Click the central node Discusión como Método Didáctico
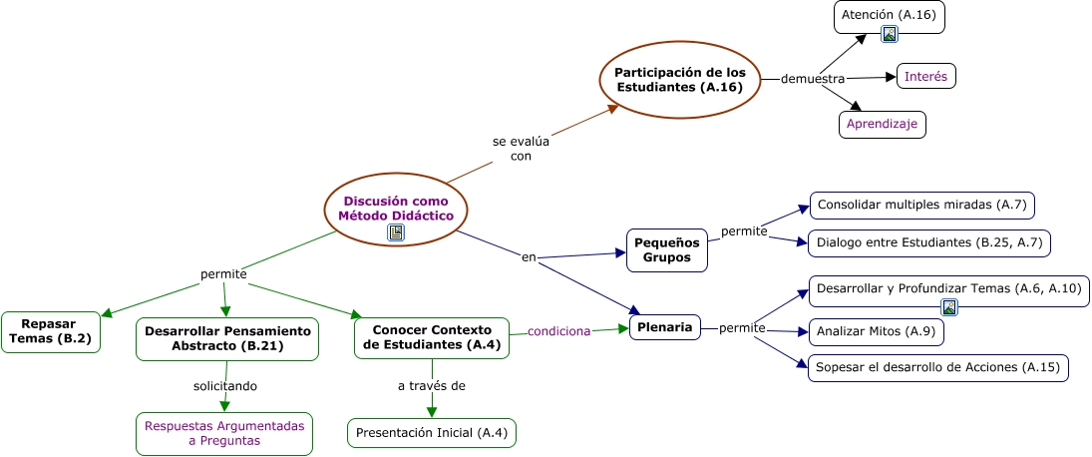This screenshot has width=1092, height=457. (x=395, y=208)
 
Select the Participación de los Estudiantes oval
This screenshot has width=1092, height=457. (x=679, y=79)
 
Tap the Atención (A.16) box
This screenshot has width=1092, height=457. (x=889, y=16)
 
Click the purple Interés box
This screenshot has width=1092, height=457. (x=925, y=76)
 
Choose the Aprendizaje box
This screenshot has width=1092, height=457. (x=882, y=124)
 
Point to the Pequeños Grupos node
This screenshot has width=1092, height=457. (x=667, y=249)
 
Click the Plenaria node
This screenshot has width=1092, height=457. (x=664, y=326)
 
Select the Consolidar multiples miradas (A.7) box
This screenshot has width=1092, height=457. (x=921, y=206)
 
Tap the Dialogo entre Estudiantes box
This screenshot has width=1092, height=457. (x=928, y=242)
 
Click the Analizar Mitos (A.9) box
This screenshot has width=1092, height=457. (x=874, y=331)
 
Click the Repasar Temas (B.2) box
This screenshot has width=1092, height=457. (x=50, y=331)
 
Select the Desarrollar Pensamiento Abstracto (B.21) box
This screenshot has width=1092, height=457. (x=227, y=338)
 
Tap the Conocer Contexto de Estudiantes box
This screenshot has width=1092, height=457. (x=431, y=337)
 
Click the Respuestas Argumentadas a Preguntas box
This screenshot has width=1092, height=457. (x=224, y=433)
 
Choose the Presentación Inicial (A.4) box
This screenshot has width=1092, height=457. (x=432, y=433)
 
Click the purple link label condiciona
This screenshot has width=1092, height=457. (x=559, y=331)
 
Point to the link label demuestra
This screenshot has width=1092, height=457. (x=813, y=79)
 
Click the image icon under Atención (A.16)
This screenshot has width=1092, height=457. (x=890, y=34)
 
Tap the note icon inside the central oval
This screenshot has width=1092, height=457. (x=396, y=232)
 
